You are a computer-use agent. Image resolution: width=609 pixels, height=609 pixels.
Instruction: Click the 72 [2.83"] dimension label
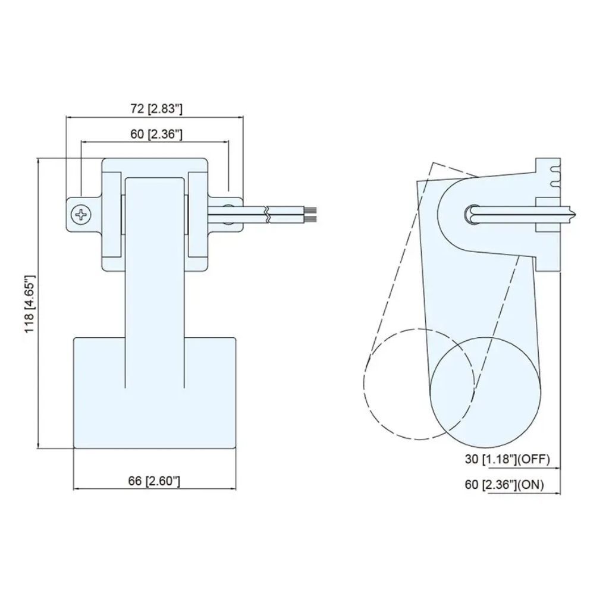pos(156,109)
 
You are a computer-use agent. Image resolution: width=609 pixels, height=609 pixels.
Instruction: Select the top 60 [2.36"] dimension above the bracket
pos(156,134)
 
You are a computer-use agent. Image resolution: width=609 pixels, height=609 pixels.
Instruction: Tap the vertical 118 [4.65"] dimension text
pos(30,304)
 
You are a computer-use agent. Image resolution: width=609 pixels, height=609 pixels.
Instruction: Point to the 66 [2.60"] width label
pos(154,481)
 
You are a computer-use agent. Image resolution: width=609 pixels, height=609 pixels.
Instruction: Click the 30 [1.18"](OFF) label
pos(507,459)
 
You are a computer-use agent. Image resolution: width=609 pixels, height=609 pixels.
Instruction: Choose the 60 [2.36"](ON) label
pos(504,484)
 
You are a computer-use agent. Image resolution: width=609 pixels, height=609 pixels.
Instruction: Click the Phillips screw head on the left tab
pos(81,214)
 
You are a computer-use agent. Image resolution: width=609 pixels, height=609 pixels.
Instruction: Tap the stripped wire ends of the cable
pos(312,215)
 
